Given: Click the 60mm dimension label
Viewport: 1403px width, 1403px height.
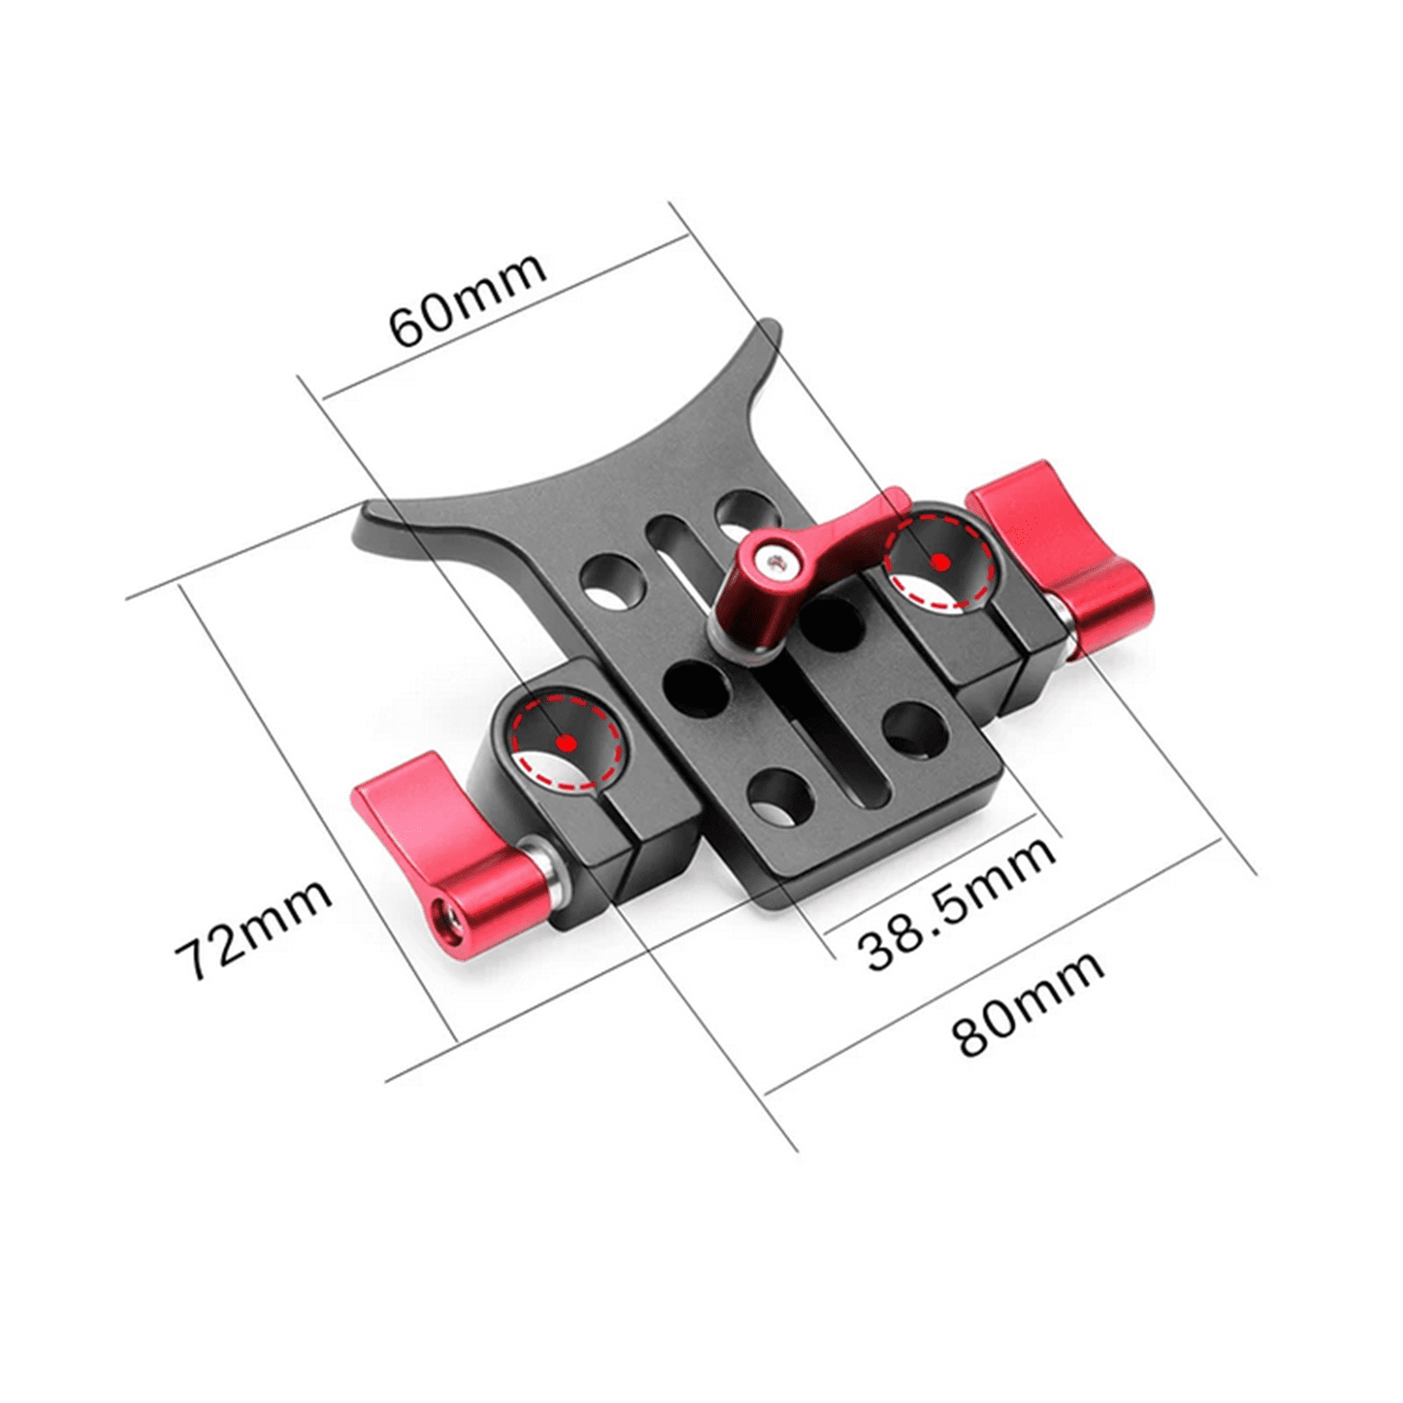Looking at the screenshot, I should [x=467, y=300].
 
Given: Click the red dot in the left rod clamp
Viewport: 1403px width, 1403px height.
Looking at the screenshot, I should [x=566, y=743].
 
